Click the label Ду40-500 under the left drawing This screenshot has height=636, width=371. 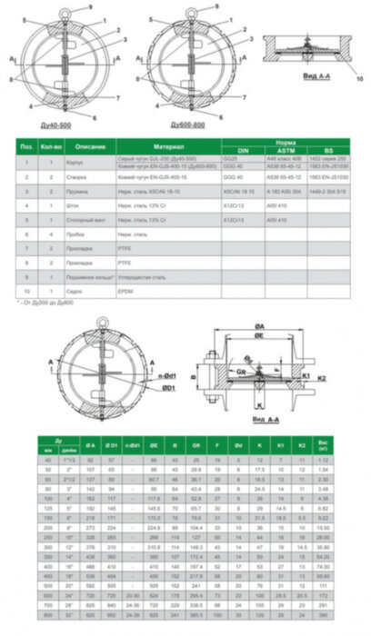pos(63,122)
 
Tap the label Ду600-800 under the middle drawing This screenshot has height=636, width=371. pos(189,122)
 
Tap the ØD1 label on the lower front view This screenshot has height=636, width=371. pos(144,387)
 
